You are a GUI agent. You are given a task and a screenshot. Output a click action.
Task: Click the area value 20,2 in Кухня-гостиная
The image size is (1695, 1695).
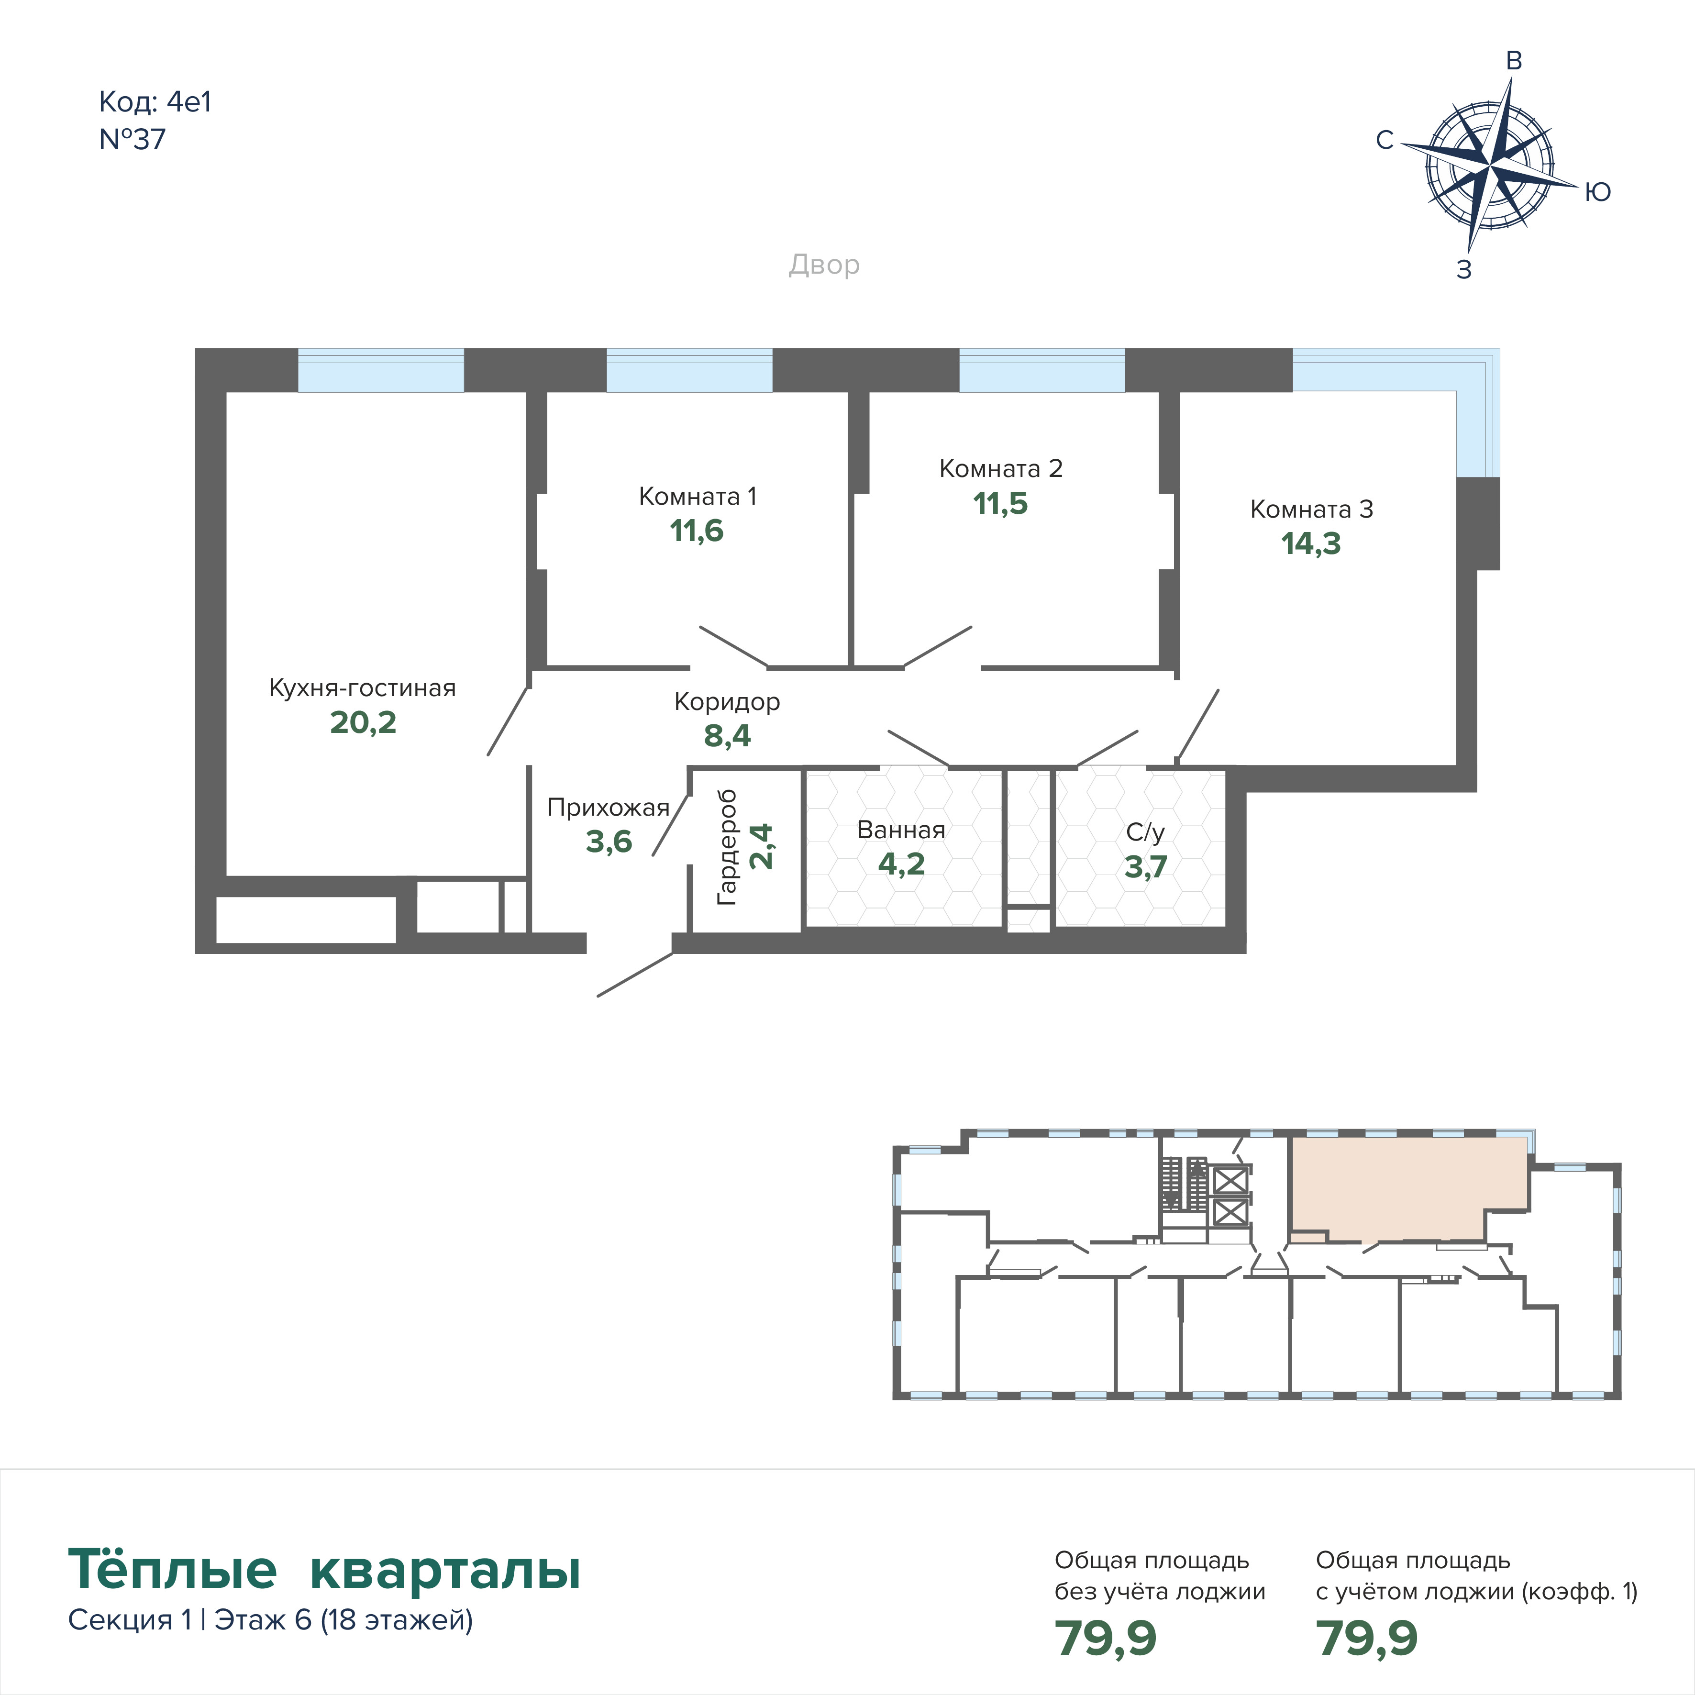tap(363, 723)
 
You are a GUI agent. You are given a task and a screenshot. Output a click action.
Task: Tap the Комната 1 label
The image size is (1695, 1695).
tap(698, 497)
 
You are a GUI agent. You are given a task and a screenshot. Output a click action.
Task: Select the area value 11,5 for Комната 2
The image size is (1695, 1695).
tap(1000, 504)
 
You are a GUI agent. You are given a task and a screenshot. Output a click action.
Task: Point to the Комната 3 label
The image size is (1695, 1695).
tap(1312, 509)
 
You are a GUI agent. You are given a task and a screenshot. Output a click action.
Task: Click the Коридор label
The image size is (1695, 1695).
tap(727, 702)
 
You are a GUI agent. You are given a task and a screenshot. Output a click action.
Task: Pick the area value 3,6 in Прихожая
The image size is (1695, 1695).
tap(609, 842)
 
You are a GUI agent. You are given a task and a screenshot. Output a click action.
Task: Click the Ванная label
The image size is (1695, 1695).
tap(901, 830)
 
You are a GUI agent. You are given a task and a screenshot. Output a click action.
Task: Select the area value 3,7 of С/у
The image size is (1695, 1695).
tap(1146, 867)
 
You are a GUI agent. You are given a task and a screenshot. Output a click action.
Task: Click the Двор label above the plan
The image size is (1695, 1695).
tap(824, 265)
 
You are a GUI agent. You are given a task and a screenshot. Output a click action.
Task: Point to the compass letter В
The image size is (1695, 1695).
tap(1513, 61)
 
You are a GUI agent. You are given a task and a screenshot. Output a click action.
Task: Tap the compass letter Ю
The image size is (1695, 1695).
tap(1597, 192)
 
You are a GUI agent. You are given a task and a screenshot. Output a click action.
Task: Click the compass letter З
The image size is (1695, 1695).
tap(1463, 270)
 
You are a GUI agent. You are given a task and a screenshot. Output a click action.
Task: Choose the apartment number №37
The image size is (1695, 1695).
tap(133, 140)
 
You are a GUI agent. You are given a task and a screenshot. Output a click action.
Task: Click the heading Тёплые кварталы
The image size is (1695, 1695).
tap(325, 1570)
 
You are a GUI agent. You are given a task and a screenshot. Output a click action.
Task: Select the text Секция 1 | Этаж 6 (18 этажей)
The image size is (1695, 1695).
tap(270, 1619)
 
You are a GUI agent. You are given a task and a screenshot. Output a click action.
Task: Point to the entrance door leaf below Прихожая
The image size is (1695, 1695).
tap(635, 975)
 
